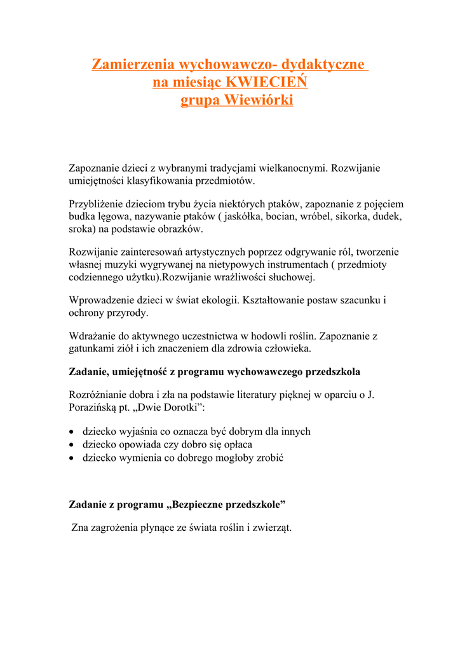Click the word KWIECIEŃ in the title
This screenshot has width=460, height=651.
click(x=267, y=83)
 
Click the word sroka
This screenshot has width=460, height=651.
click(x=82, y=229)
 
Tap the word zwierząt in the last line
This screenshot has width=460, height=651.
click(x=270, y=528)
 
